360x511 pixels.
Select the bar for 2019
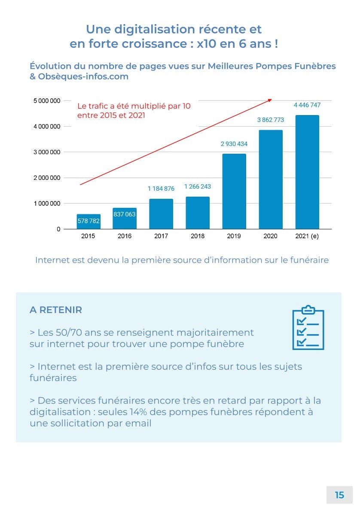(x=234, y=191)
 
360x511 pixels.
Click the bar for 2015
(x=88, y=222)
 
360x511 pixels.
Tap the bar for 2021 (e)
(x=307, y=172)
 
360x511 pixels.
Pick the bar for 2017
(x=161, y=214)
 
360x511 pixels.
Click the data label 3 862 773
(x=271, y=120)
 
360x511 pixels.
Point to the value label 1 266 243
(x=198, y=187)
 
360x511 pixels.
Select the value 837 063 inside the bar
(x=125, y=214)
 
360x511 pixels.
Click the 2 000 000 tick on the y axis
(x=47, y=178)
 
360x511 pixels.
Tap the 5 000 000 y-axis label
(x=47, y=101)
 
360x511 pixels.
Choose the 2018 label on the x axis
(x=198, y=236)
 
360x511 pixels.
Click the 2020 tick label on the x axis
(x=271, y=236)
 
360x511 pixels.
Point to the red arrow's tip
(x=271, y=100)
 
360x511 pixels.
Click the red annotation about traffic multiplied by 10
(x=134, y=110)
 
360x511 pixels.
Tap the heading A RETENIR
(x=56, y=310)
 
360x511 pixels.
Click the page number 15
(x=339, y=495)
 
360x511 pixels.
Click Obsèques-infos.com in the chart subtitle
(x=83, y=77)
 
